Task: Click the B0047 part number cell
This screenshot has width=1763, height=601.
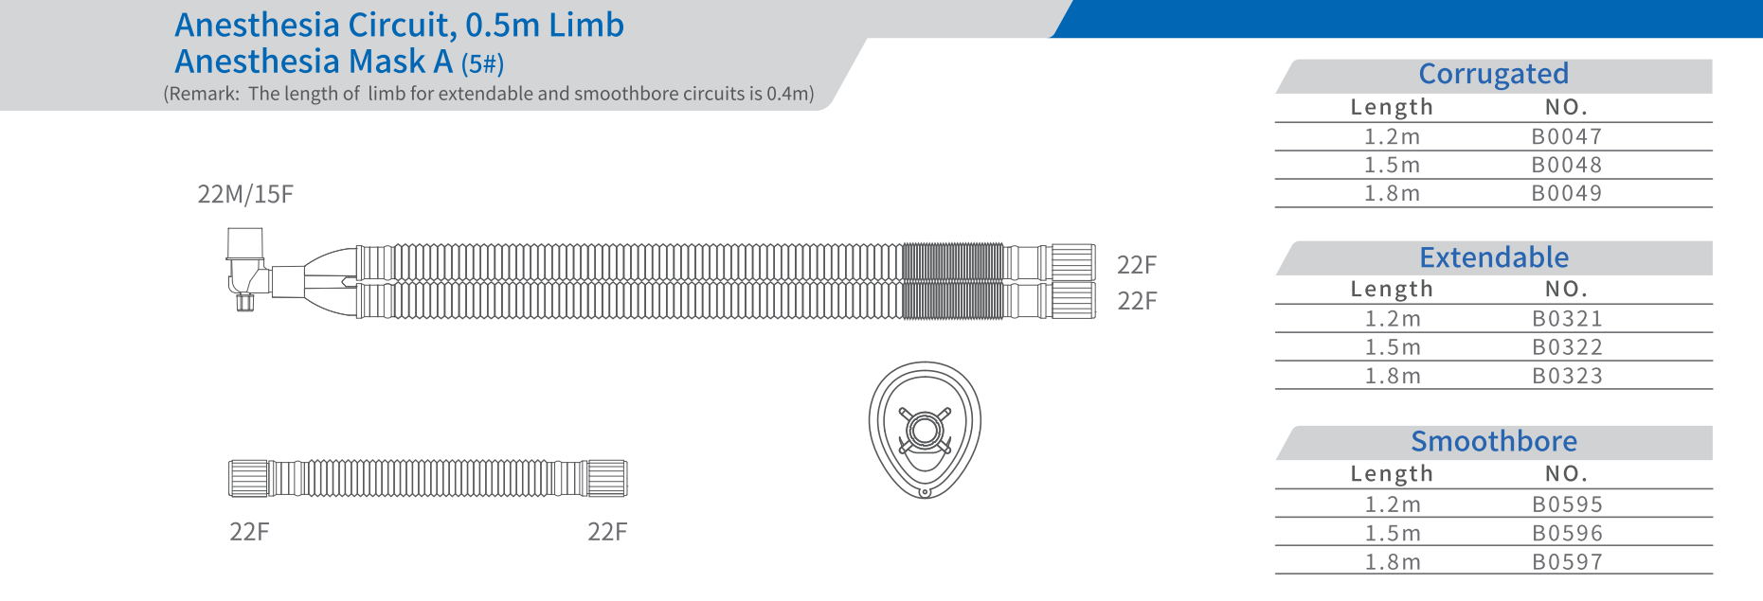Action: click(1566, 136)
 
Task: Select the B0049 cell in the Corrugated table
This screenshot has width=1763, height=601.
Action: click(1566, 193)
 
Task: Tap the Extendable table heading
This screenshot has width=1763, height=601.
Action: click(1494, 257)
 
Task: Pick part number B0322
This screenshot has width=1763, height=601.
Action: click(1567, 347)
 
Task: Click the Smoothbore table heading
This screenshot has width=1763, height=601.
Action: click(1494, 441)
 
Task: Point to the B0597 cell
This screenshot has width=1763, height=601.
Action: click(1567, 561)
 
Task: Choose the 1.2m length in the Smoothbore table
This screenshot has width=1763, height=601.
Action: click(1393, 504)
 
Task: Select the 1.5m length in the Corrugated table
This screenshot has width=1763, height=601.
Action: click(1392, 165)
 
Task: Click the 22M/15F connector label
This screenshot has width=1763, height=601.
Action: click(245, 194)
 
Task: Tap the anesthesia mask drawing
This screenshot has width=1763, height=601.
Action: click(925, 430)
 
